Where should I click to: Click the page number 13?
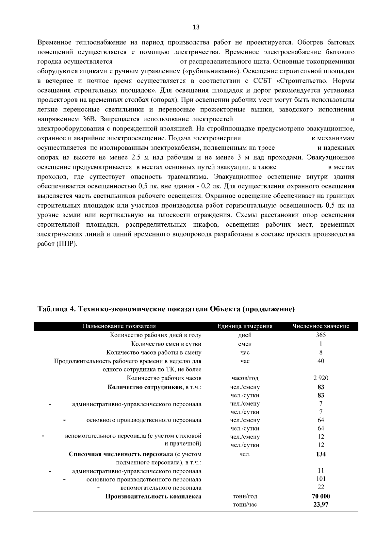point(196,27)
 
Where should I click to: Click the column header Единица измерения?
point(245,326)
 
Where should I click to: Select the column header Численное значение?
point(321,326)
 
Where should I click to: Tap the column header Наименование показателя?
point(119,326)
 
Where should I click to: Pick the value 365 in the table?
point(321,335)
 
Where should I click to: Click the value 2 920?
point(321,378)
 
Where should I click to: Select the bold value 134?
point(321,454)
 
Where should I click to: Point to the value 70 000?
point(321,496)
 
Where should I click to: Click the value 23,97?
point(321,505)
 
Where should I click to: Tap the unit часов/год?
point(245,378)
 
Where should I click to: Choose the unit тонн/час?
point(245,505)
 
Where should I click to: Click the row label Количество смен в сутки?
point(166,344)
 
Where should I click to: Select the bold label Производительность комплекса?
point(153,496)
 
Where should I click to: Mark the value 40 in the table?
point(321,361)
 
